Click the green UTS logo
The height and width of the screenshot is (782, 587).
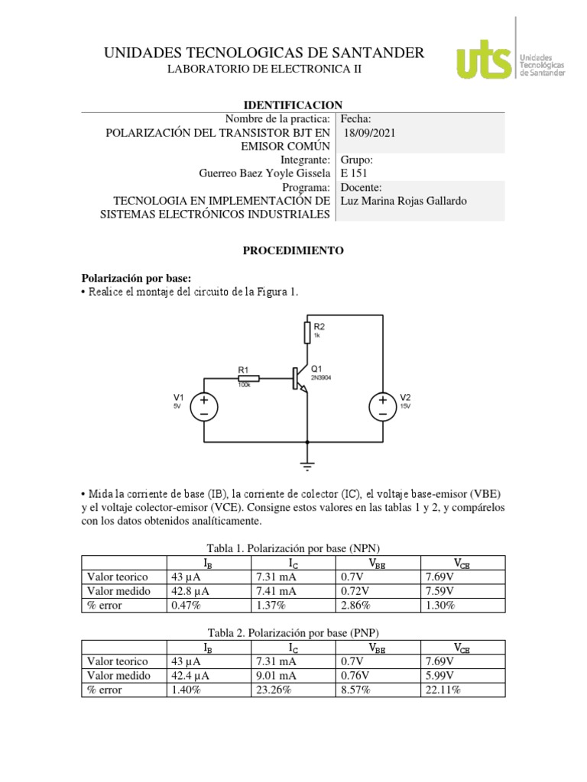[x=484, y=59]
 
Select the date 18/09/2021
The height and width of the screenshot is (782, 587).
[x=371, y=132]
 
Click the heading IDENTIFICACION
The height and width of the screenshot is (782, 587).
[x=293, y=105]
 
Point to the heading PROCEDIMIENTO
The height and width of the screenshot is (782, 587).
[x=293, y=250]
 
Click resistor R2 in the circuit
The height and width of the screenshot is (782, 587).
[x=307, y=332]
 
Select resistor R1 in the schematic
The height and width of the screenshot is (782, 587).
[x=249, y=378]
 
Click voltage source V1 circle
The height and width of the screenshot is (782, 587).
[x=204, y=406]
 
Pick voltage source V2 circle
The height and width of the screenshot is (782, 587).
[x=382, y=406]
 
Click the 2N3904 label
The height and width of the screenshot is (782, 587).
[x=321, y=377]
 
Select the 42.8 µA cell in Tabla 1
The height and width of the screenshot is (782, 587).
[x=187, y=591]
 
